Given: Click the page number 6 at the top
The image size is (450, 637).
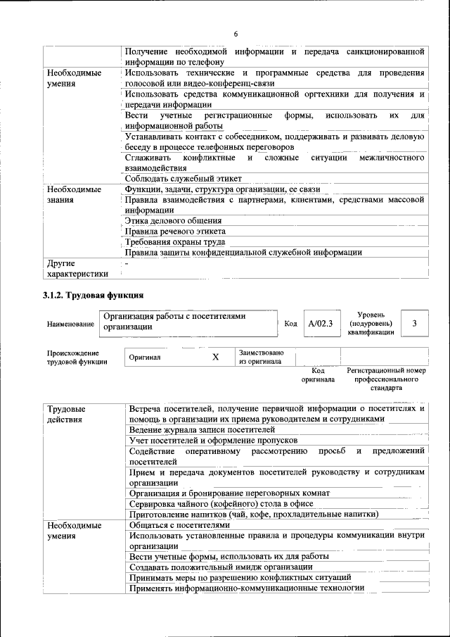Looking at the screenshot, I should [x=236, y=34].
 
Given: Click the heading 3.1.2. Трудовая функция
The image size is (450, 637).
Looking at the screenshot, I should [x=93, y=295].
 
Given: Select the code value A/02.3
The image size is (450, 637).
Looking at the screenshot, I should [x=320, y=323].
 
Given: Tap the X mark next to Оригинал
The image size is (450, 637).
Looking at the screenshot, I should [x=216, y=357].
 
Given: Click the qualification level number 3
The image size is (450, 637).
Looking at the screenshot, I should [x=415, y=323].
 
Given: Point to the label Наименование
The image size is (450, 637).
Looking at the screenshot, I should [x=70, y=324].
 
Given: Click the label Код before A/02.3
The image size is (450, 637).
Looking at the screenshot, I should [x=290, y=323].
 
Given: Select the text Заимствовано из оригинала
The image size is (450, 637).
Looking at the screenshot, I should [x=261, y=357].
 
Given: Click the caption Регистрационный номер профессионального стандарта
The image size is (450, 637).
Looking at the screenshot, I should [x=386, y=379].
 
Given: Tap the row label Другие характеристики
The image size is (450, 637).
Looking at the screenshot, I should [x=77, y=269].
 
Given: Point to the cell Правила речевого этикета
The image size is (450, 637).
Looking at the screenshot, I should [x=174, y=231].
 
